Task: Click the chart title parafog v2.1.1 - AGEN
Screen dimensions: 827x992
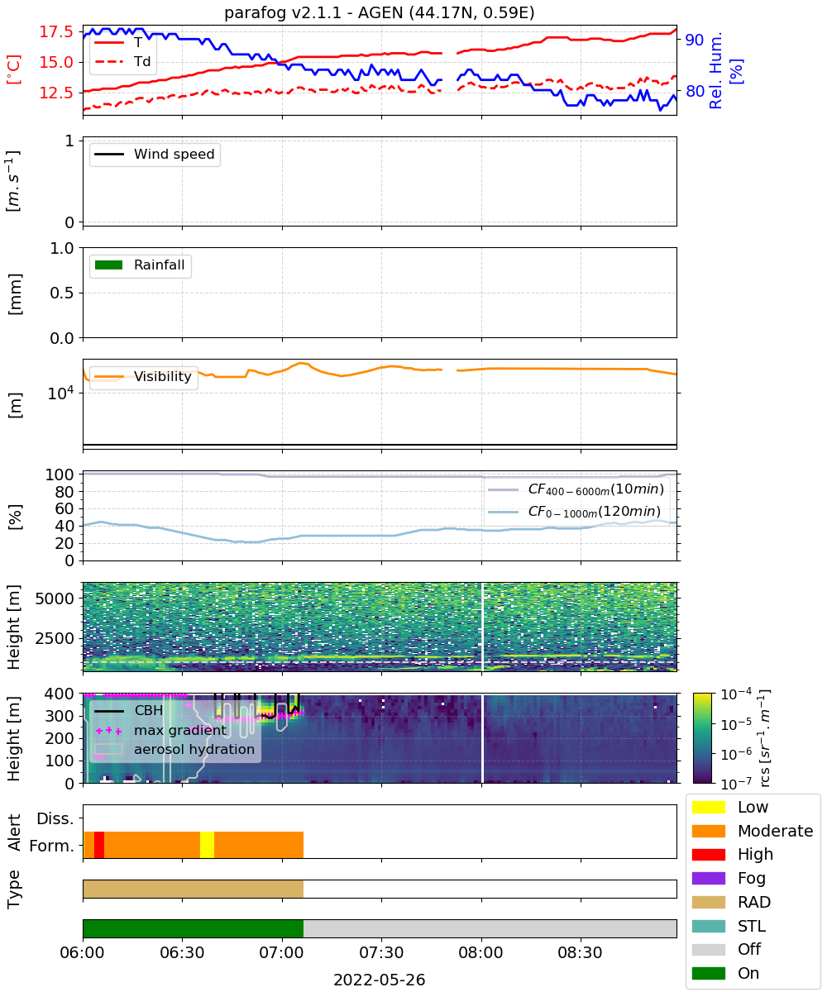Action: [380, 12]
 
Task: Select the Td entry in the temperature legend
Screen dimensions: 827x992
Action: [122, 61]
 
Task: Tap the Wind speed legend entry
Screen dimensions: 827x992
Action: [155, 154]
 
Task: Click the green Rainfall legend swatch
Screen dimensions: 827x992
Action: [108, 265]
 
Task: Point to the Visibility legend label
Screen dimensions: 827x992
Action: [162, 376]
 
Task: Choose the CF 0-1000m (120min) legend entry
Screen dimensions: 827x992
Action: [574, 512]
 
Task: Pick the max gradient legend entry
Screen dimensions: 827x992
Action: [160, 730]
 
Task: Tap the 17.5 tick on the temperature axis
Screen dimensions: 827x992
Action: [56, 32]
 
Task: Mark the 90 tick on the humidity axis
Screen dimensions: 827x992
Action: [695, 40]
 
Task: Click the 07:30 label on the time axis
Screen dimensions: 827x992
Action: [380, 952]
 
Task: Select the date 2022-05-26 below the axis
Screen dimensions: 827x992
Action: [380, 980]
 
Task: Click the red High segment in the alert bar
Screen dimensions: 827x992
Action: [99, 845]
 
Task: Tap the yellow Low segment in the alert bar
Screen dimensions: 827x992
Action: [207, 845]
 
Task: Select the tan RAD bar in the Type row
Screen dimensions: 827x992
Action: [193, 889]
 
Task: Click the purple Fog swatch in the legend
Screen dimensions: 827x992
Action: [708, 878]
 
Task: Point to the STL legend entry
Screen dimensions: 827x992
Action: [729, 926]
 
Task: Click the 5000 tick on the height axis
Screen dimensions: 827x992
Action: [55, 599]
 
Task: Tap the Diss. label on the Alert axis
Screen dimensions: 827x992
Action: [55, 818]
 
